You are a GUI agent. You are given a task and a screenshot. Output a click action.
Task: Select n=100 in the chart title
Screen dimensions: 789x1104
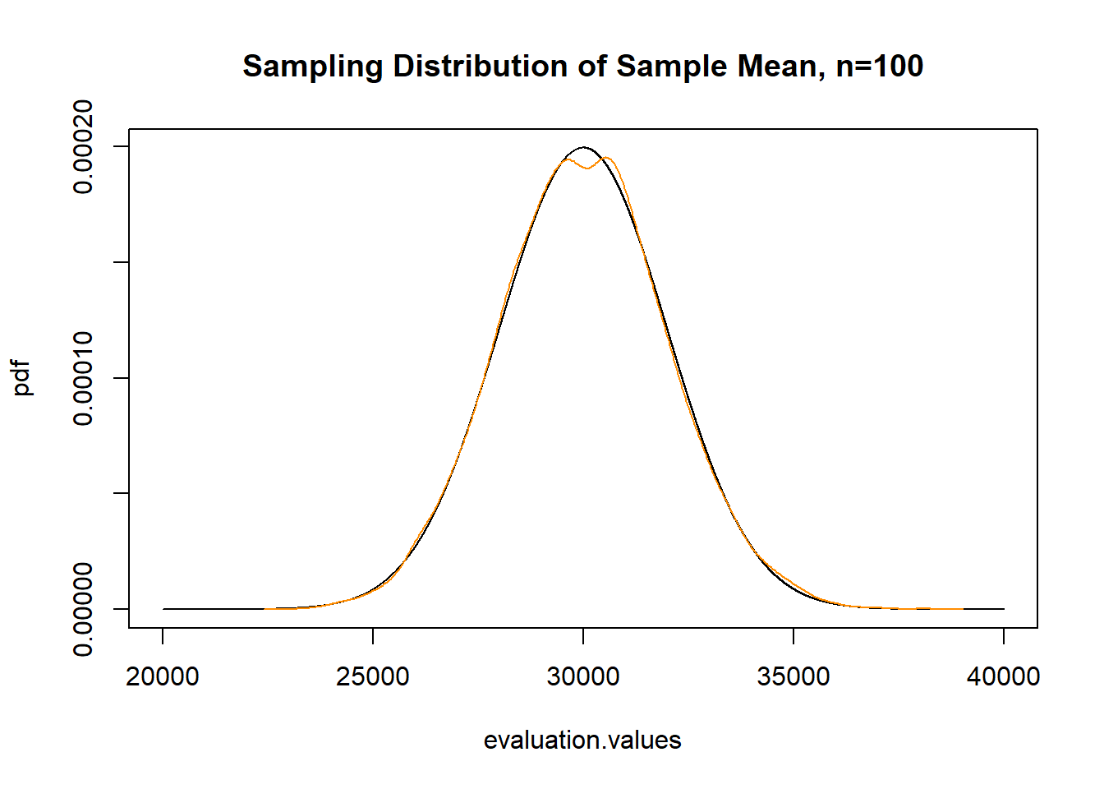880,67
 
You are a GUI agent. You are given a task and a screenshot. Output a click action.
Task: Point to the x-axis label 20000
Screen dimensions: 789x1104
163,676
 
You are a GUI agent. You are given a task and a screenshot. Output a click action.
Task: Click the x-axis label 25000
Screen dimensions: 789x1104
373,676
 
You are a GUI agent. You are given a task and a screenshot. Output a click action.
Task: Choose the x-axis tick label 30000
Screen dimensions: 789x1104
583,676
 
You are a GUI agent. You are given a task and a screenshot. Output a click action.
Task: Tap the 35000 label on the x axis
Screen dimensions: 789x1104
793,676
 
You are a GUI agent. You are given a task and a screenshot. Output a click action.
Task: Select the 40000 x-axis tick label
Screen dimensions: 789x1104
1003,676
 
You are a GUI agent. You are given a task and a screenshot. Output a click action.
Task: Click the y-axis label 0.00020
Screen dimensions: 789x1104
83,147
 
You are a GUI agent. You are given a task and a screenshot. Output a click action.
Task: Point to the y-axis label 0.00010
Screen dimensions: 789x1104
83,378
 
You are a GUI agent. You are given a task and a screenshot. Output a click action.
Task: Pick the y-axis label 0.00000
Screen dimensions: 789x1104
83,609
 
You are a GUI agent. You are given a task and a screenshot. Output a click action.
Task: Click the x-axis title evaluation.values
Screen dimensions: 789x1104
582,741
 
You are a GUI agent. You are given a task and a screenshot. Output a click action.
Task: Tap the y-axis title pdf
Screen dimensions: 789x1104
22,378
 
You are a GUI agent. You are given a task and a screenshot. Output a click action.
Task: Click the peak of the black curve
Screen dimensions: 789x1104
583,147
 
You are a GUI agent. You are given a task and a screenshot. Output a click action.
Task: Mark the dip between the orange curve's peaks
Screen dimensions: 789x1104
587,168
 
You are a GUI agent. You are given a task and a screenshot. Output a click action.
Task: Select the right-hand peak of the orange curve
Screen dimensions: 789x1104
608,158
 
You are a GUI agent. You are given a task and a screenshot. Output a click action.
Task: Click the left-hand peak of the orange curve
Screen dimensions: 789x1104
566,159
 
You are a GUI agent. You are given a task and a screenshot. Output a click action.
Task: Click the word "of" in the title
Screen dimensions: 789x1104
591,67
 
